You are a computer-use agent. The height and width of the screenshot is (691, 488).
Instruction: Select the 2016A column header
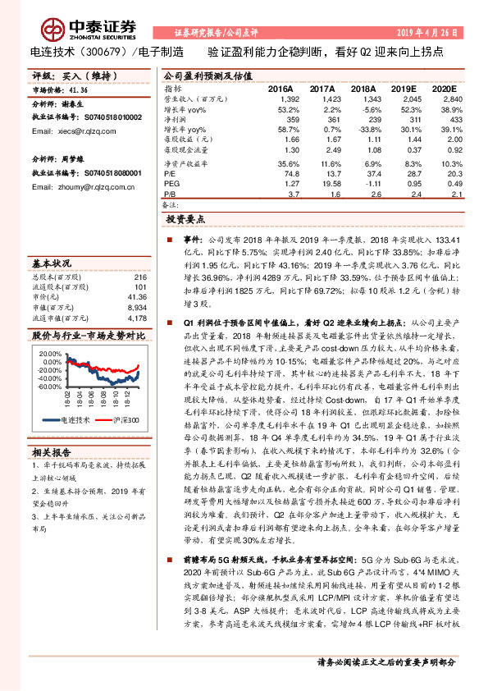click(280, 87)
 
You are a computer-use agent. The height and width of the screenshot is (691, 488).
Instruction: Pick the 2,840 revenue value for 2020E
click(453, 98)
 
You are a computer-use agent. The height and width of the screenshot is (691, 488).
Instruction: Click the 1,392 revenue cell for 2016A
click(280, 98)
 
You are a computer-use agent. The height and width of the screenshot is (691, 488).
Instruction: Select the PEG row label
click(171, 184)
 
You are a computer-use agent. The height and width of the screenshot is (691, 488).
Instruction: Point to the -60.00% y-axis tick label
click(48, 385)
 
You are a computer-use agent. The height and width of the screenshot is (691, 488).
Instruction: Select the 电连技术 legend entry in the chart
click(78, 420)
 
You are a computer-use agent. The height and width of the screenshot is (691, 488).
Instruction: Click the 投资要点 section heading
click(185, 220)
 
